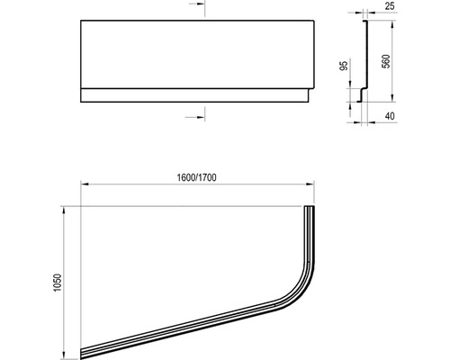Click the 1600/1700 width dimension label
(x=196, y=177)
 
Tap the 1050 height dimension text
(x=57, y=283)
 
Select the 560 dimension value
(x=386, y=61)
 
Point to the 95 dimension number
(x=345, y=66)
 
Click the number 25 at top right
(x=390, y=6)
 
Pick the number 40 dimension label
(x=390, y=116)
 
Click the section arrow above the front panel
(x=197, y=4)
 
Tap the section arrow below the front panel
(x=195, y=117)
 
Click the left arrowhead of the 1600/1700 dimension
(x=85, y=184)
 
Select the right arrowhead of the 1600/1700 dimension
(x=310, y=184)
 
